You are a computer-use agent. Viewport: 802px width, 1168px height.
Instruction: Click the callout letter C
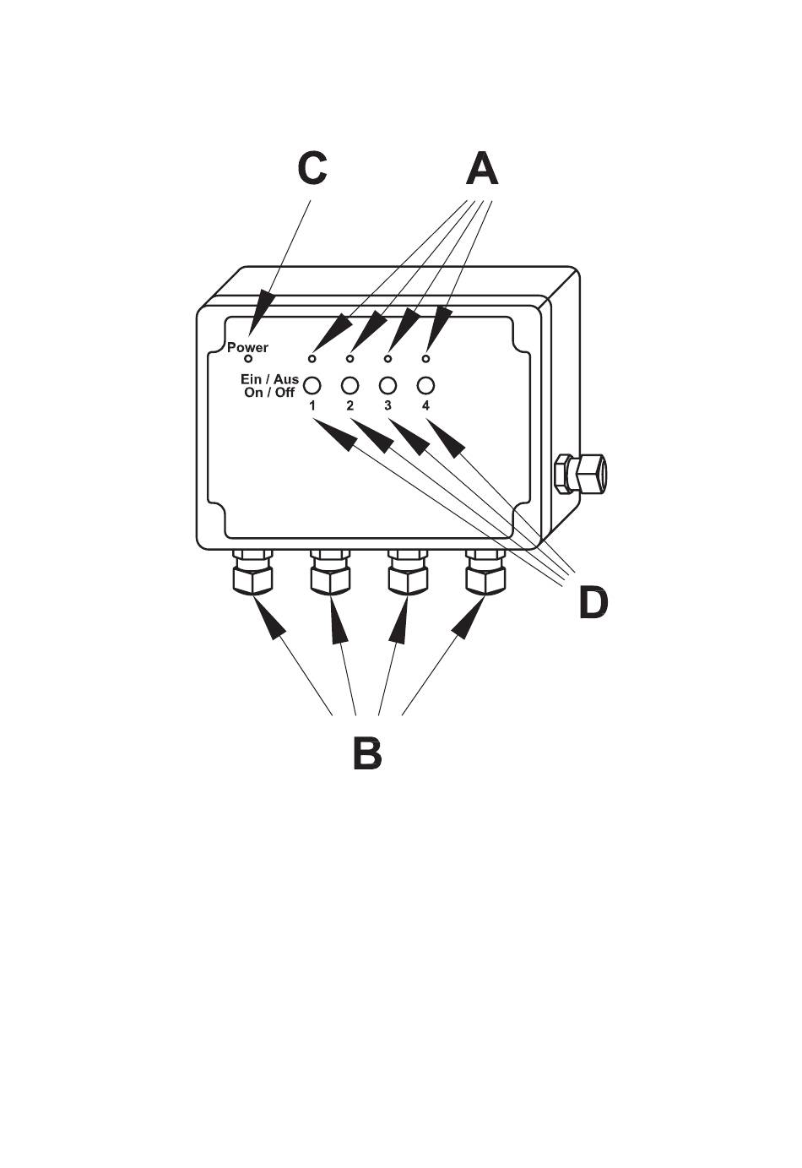tap(312, 169)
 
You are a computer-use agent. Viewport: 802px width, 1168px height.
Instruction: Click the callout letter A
tap(482, 169)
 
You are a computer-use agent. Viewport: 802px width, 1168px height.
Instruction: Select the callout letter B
tap(367, 752)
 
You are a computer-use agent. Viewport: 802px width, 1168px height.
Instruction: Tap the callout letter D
tap(593, 602)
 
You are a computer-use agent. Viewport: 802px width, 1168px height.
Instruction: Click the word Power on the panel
tap(247, 347)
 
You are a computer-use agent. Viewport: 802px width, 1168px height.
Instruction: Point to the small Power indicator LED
tap(248, 360)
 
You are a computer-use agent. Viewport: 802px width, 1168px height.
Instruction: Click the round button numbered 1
tap(312, 385)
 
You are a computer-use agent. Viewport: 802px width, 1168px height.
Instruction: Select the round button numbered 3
tap(387, 385)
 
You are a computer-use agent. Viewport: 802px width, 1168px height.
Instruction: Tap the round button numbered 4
tap(425, 385)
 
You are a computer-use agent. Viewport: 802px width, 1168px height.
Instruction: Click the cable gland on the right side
tap(577, 474)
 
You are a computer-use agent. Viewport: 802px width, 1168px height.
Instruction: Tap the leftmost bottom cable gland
tap(252, 574)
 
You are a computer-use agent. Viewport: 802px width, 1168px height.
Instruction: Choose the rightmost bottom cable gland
tap(485, 574)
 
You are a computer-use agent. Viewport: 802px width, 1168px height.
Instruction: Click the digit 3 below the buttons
tap(387, 406)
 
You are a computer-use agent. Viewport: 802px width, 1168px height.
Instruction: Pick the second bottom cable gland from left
tap(330, 574)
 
